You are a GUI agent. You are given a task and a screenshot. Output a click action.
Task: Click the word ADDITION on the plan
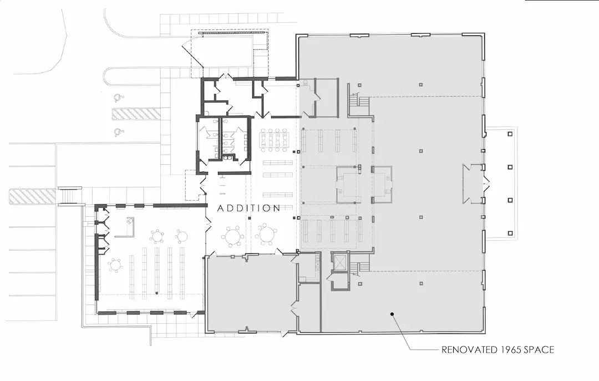[x=248, y=208]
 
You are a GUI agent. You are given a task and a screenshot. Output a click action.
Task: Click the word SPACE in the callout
[x=539, y=349]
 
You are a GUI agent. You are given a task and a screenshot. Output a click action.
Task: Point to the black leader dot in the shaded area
[x=392, y=314]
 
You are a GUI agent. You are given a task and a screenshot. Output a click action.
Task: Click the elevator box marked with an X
[x=339, y=261]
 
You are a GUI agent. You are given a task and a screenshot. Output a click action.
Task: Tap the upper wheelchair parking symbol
[x=118, y=97]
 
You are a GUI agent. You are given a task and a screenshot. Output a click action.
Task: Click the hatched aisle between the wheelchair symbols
[x=136, y=114]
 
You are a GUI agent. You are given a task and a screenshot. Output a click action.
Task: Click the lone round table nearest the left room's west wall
[x=115, y=265]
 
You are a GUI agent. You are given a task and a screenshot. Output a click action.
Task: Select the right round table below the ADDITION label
[x=267, y=234]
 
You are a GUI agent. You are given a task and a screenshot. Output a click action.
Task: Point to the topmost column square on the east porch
[x=510, y=134]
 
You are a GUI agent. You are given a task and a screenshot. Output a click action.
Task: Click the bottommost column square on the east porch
[x=510, y=233]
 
